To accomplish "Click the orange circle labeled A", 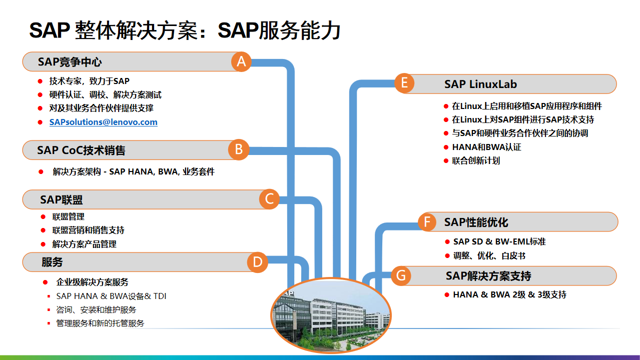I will tap(241, 61).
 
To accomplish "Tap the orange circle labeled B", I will tap(239, 149).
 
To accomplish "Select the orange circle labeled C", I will tap(269, 199).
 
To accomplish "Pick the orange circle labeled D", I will tap(258, 262).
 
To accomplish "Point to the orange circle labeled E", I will tap(404, 83).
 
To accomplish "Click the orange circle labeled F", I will tap(427, 222).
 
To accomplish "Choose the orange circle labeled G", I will tap(401, 275).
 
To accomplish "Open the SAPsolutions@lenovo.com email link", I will tap(103, 122).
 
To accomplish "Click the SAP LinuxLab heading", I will tap(480, 84).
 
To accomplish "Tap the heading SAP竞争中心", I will tap(70, 62).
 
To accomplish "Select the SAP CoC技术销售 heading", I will tap(81, 150).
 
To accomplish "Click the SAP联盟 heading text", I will tap(62, 200).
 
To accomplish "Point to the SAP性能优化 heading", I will tap(476, 222).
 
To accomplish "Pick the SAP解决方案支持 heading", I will tap(488, 275).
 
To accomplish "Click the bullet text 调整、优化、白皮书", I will tap(489, 255).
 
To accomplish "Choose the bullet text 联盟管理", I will tap(69, 216).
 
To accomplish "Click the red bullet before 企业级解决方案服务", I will tap(45, 282).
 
